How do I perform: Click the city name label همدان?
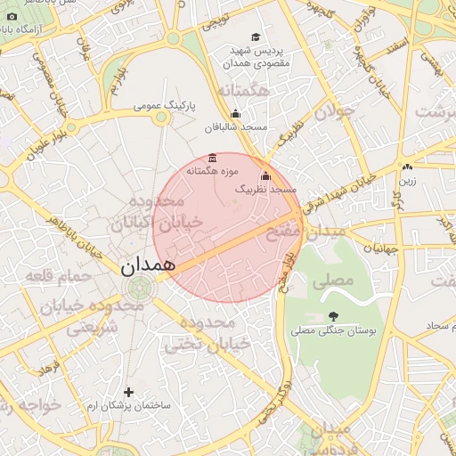point(148,265)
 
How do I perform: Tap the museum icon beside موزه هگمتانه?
point(211,158)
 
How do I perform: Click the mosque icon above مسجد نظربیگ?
point(265,176)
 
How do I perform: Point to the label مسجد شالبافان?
point(236,127)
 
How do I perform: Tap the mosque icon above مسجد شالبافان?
point(235,114)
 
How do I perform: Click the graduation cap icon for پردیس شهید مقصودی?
point(256,37)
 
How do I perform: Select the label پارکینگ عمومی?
point(163,106)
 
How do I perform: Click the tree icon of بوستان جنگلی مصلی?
point(333,316)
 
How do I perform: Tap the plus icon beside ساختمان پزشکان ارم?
point(128,392)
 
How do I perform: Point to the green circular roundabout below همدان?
point(140,288)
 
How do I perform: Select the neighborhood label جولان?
point(335,112)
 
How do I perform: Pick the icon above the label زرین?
point(407,167)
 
